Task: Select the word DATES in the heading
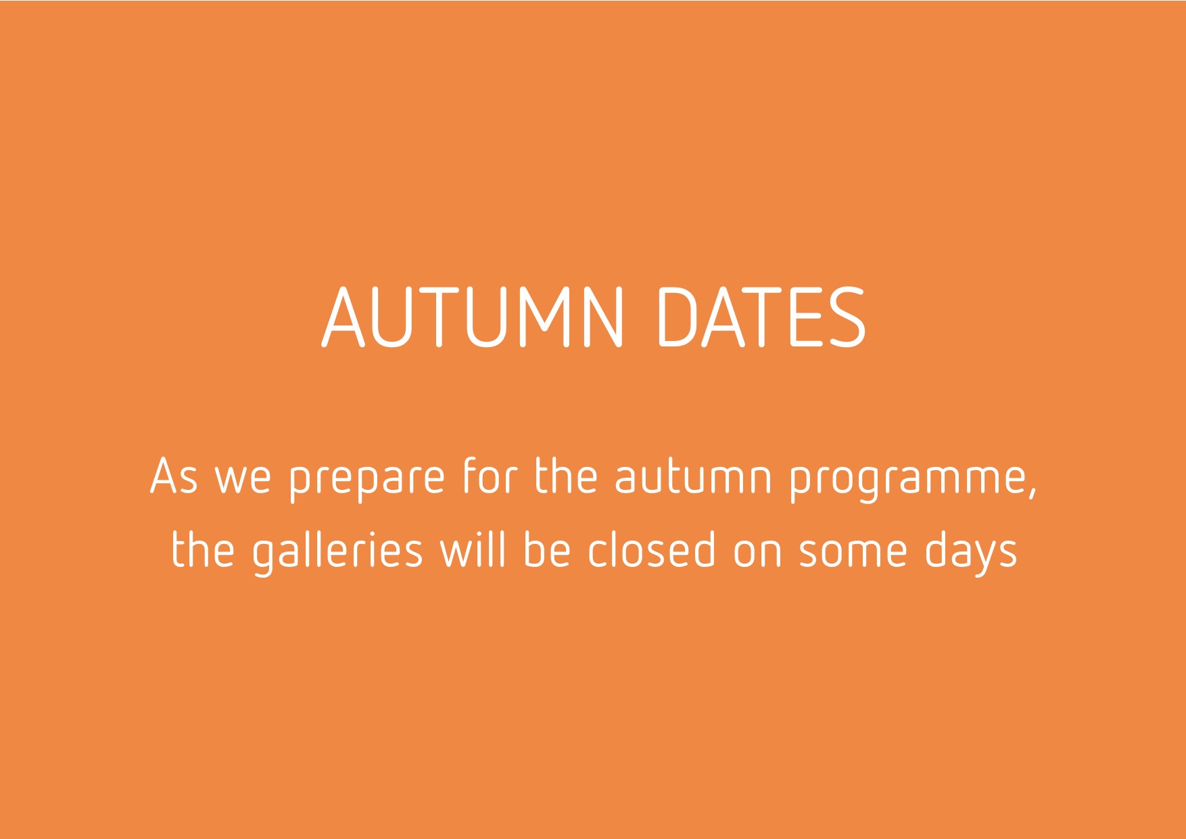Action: pyautogui.click(x=761, y=317)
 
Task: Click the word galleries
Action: pyautogui.click(x=337, y=550)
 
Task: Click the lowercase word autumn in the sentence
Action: pyautogui.click(x=693, y=478)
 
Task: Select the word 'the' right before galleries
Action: pyautogui.click(x=203, y=549)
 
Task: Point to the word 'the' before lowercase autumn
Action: pyautogui.click(x=567, y=476)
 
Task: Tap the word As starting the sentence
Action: pyautogui.click(x=174, y=476)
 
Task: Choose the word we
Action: pyautogui.click(x=243, y=480)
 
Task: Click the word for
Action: pyautogui.click(x=490, y=476)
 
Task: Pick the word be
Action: pyautogui.click(x=548, y=549)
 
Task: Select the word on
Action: pyautogui.click(x=758, y=554)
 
